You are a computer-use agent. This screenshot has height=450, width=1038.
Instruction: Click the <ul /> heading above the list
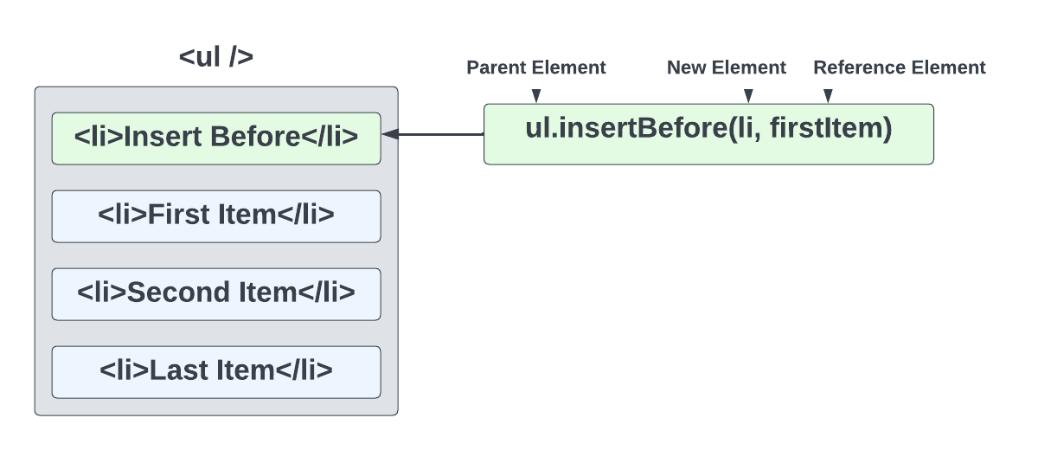tap(215, 57)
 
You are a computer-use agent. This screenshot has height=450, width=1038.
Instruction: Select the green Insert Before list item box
tap(215, 138)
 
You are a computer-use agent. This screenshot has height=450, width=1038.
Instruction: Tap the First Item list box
tap(215, 215)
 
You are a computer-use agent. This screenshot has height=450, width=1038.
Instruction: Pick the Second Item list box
tap(215, 293)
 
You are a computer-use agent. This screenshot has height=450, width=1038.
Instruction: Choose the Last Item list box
tap(215, 371)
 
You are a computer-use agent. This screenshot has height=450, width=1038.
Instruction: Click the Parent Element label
tap(536, 67)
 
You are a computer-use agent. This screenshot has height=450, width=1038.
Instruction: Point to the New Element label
tap(726, 67)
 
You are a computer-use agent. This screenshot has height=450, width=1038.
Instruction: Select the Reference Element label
tap(899, 67)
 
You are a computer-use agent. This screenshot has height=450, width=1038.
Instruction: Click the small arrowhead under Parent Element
tap(535, 96)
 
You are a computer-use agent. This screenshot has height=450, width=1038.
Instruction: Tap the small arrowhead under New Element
tap(749, 96)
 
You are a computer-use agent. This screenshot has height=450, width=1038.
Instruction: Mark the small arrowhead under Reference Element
tap(828, 96)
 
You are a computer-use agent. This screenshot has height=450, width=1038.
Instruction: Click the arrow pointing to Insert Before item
tap(432, 134)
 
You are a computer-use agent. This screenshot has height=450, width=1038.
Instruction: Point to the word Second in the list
tap(169, 293)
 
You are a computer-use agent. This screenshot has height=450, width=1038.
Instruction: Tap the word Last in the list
tap(175, 371)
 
